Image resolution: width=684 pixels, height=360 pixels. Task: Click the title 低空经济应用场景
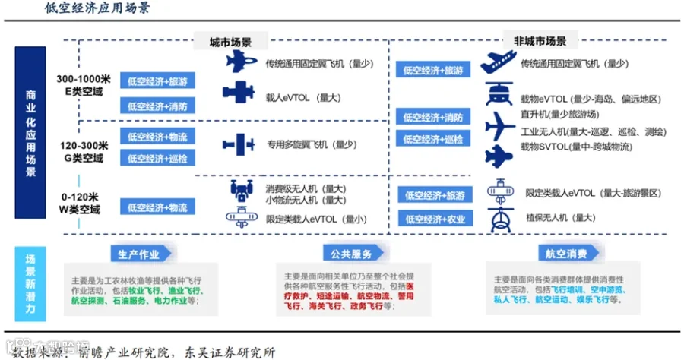coord(98,9)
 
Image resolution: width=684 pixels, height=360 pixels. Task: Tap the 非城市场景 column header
coord(540,41)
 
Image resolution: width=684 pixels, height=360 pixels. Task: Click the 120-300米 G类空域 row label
coord(84,150)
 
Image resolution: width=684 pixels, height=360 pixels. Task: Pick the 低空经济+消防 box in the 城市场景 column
coord(157,106)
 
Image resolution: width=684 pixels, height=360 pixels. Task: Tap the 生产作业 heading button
coord(137,254)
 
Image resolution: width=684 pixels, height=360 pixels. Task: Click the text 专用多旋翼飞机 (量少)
coord(311,144)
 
